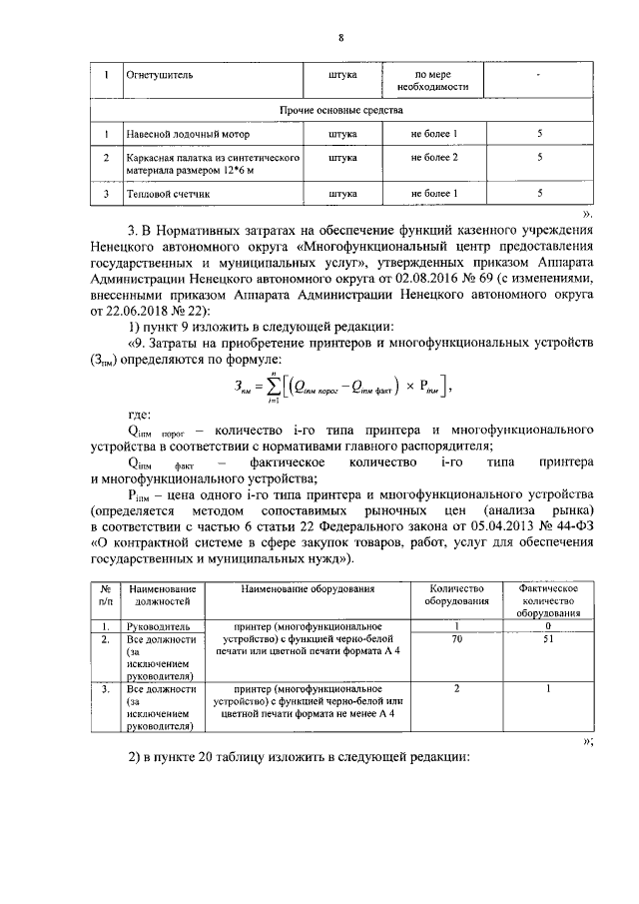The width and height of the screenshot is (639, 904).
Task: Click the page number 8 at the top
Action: click(x=340, y=38)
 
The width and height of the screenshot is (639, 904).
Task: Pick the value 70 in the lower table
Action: click(x=456, y=638)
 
